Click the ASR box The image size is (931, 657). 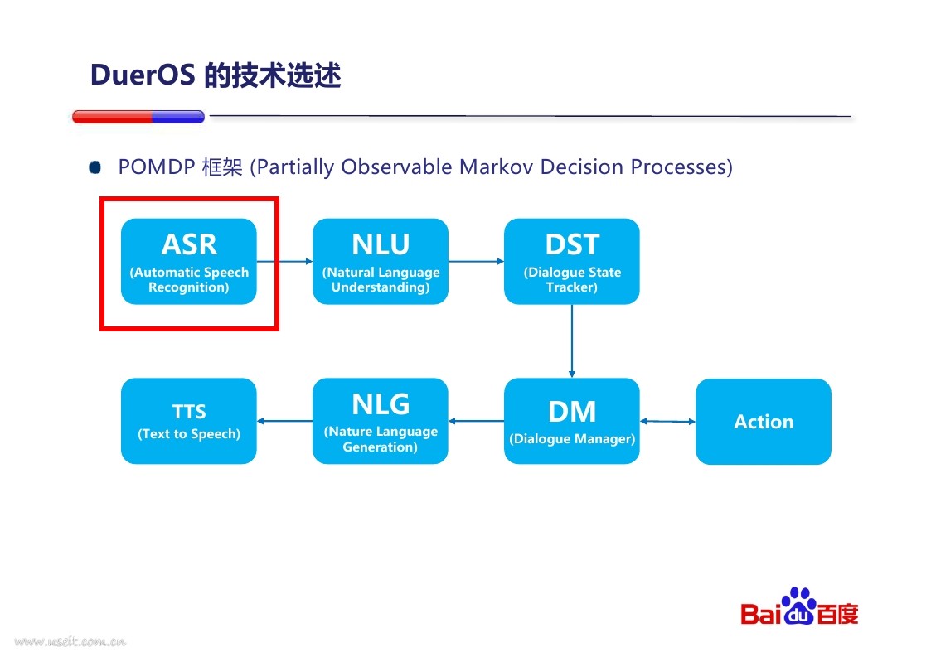[189, 261]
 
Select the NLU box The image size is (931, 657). [381, 261]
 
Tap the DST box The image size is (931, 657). [572, 261]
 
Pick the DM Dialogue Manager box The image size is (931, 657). [572, 421]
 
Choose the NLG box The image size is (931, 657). [381, 421]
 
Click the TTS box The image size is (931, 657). [189, 421]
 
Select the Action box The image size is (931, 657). [764, 422]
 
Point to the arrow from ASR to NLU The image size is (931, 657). [285, 261]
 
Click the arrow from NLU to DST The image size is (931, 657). [476, 261]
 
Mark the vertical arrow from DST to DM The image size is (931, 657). [572, 341]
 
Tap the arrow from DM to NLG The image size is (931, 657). [476, 421]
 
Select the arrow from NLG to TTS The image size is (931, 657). [285, 421]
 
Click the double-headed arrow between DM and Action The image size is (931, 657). [668, 422]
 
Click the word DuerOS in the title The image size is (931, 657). [143, 75]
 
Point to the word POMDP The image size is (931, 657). [157, 167]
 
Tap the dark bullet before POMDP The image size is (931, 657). [95, 167]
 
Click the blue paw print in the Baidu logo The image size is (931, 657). [799, 606]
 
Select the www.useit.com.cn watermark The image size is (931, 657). [70, 641]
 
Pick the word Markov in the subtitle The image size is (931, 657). [497, 167]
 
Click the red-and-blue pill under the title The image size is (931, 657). [138, 116]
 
